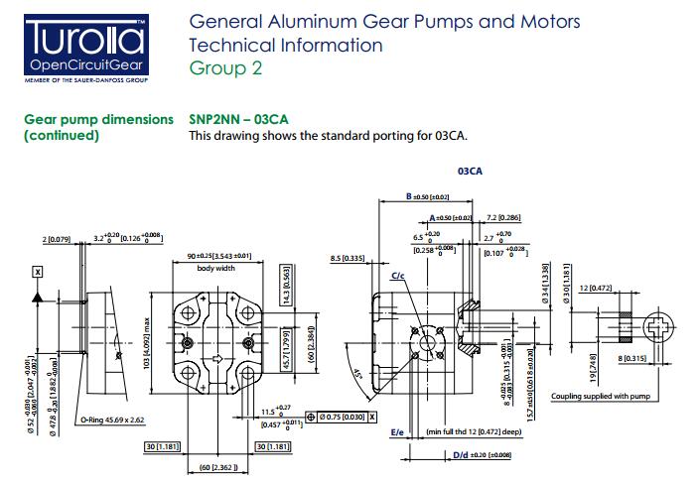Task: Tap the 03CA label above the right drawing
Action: coord(470,171)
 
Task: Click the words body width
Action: coord(215,268)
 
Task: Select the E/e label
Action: coord(397,432)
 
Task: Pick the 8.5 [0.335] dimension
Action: coord(348,258)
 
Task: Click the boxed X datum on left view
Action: coord(38,271)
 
